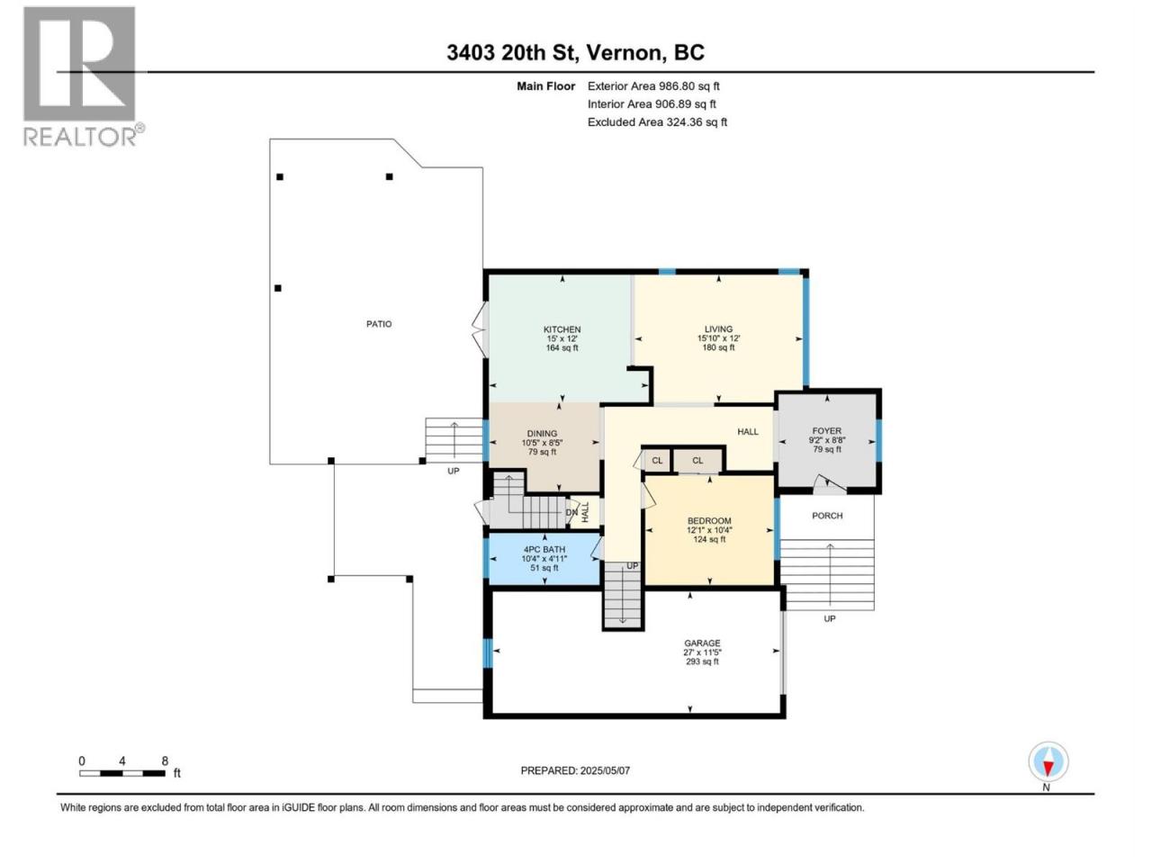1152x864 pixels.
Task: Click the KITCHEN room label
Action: point(562,329)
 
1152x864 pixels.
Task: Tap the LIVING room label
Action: point(718,328)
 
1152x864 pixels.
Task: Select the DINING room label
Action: point(542,433)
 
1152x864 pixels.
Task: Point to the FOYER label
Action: point(826,431)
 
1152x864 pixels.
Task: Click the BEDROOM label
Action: point(709,521)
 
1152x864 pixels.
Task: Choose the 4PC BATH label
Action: point(544,549)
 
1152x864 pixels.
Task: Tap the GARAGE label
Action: point(702,643)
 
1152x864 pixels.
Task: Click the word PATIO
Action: point(378,324)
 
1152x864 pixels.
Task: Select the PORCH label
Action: point(826,516)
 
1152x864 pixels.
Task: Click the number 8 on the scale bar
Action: point(165,760)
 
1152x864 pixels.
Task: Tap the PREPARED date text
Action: point(575,770)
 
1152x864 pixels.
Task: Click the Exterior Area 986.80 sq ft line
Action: point(653,86)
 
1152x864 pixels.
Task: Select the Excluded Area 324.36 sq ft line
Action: point(657,122)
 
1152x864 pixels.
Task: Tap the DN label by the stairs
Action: point(571,512)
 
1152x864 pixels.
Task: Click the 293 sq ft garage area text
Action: point(702,661)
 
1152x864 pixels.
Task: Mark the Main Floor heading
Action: point(545,86)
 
